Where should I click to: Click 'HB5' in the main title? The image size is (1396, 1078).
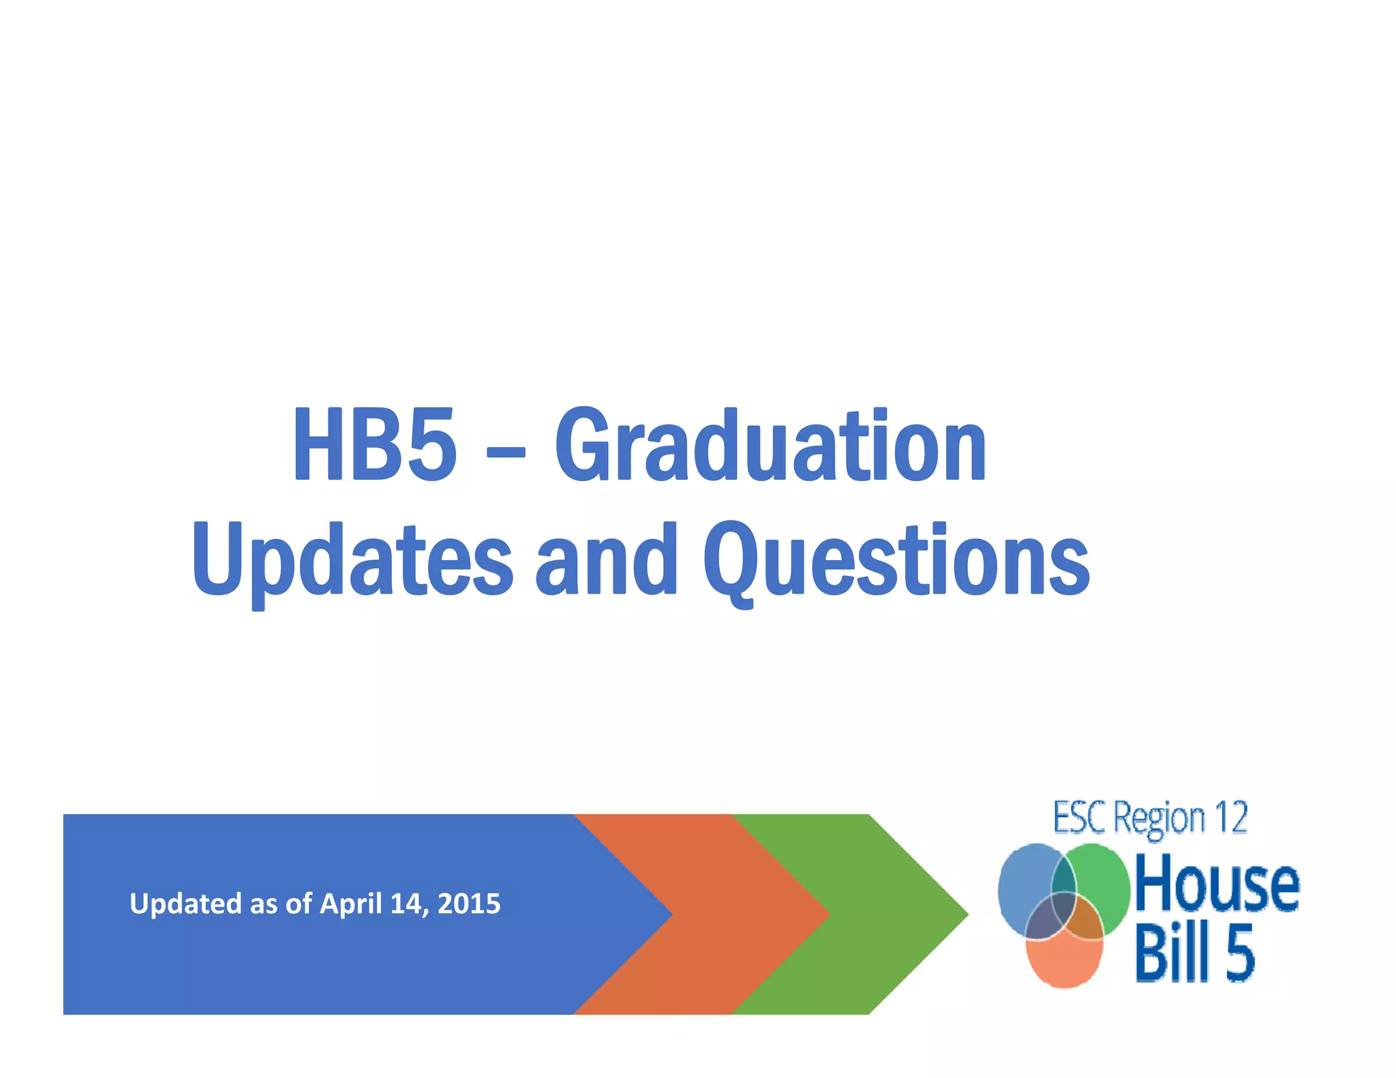(374, 444)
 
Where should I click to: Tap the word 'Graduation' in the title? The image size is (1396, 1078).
(770, 444)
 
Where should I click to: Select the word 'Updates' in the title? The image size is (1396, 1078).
(352, 559)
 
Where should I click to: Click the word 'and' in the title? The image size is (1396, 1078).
(606, 559)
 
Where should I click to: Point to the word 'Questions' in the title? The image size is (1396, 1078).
(896, 559)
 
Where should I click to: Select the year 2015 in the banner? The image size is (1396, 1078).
(469, 904)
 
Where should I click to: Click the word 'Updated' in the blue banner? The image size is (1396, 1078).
(185, 904)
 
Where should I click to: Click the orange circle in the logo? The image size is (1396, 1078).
(1063, 964)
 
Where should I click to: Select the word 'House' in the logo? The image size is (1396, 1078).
(1217, 884)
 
